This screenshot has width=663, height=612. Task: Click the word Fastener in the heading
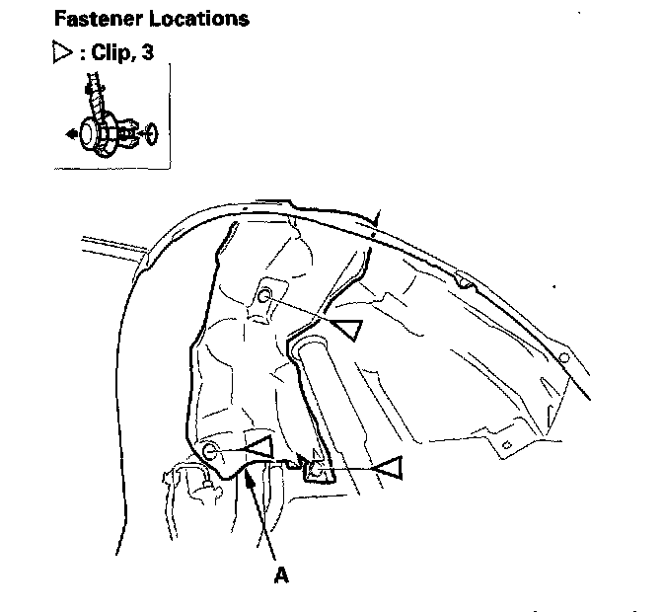(95, 19)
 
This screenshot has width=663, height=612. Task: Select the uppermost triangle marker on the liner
(346, 329)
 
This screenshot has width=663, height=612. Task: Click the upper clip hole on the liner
(264, 296)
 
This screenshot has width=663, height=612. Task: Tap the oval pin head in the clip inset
(150, 130)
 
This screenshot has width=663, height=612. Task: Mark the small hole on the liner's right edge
(561, 356)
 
